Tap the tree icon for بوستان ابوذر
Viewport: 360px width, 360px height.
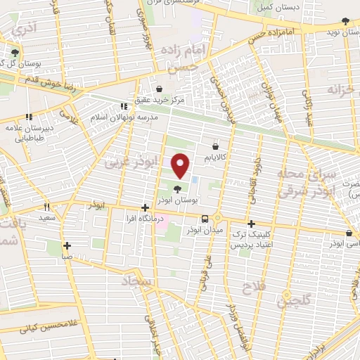coord(176,188)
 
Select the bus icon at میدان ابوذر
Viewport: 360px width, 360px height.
coord(204,218)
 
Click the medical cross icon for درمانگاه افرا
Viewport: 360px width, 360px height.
coord(145,207)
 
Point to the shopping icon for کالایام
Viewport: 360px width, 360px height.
coord(216,147)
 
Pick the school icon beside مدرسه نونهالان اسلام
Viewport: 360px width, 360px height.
coord(124,106)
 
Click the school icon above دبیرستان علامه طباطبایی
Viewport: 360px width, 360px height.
coord(29,117)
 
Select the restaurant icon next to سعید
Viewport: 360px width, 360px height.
coord(48,207)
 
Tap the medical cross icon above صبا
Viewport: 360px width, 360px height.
coord(67,245)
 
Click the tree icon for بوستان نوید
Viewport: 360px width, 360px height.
coord(330,32)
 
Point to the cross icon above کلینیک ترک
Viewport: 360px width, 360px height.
coord(251,224)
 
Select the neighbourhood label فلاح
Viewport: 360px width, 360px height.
coord(252,288)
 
